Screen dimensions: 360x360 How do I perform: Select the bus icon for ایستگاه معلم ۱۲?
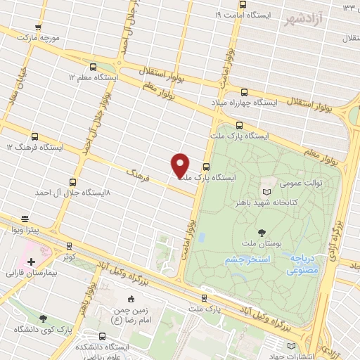click(x=94, y=67)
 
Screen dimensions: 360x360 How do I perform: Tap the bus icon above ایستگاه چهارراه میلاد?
click(x=244, y=92)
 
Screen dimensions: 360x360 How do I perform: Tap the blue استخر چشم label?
click(x=249, y=259)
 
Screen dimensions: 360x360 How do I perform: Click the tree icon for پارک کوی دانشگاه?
click(x=44, y=319)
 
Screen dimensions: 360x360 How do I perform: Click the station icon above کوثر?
click(x=69, y=245)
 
